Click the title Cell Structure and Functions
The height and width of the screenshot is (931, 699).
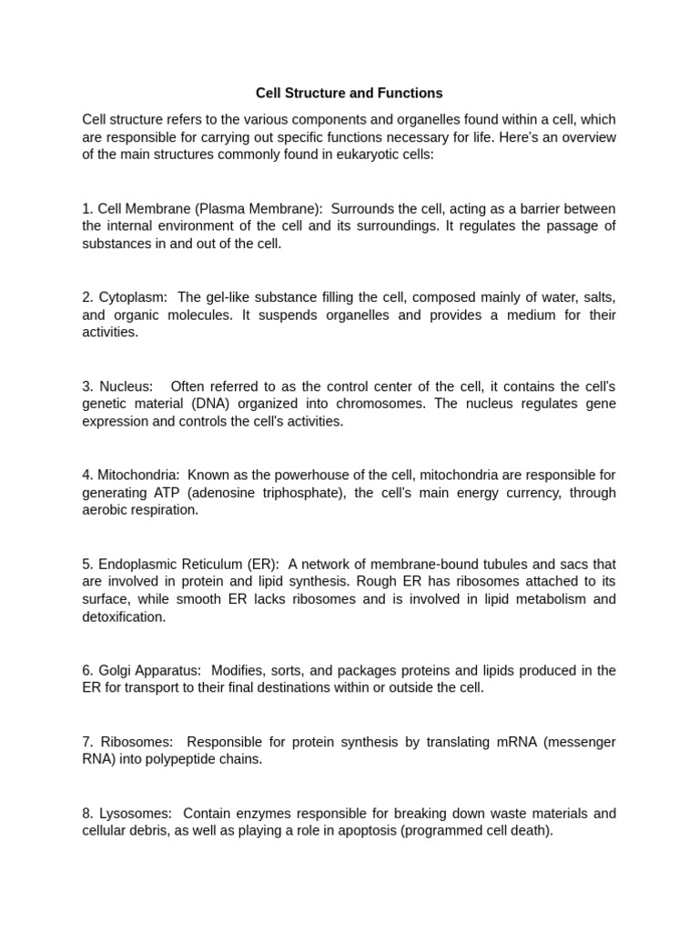coord(349,93)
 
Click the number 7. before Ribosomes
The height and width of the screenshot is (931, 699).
coord(87,742)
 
